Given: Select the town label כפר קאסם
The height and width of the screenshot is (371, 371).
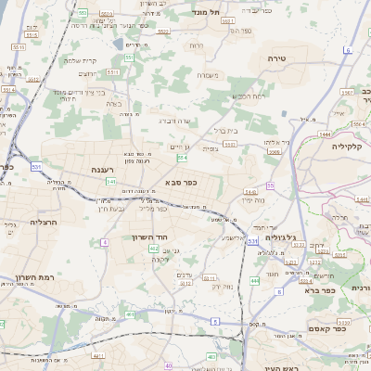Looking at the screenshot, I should (x=328, y=327).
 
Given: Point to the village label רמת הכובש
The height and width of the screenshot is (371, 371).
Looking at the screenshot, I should (x=250, y=96).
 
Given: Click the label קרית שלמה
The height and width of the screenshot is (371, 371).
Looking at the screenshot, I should (x=80, y=60).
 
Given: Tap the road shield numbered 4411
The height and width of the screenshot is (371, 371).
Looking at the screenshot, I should (x=97, y=355).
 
